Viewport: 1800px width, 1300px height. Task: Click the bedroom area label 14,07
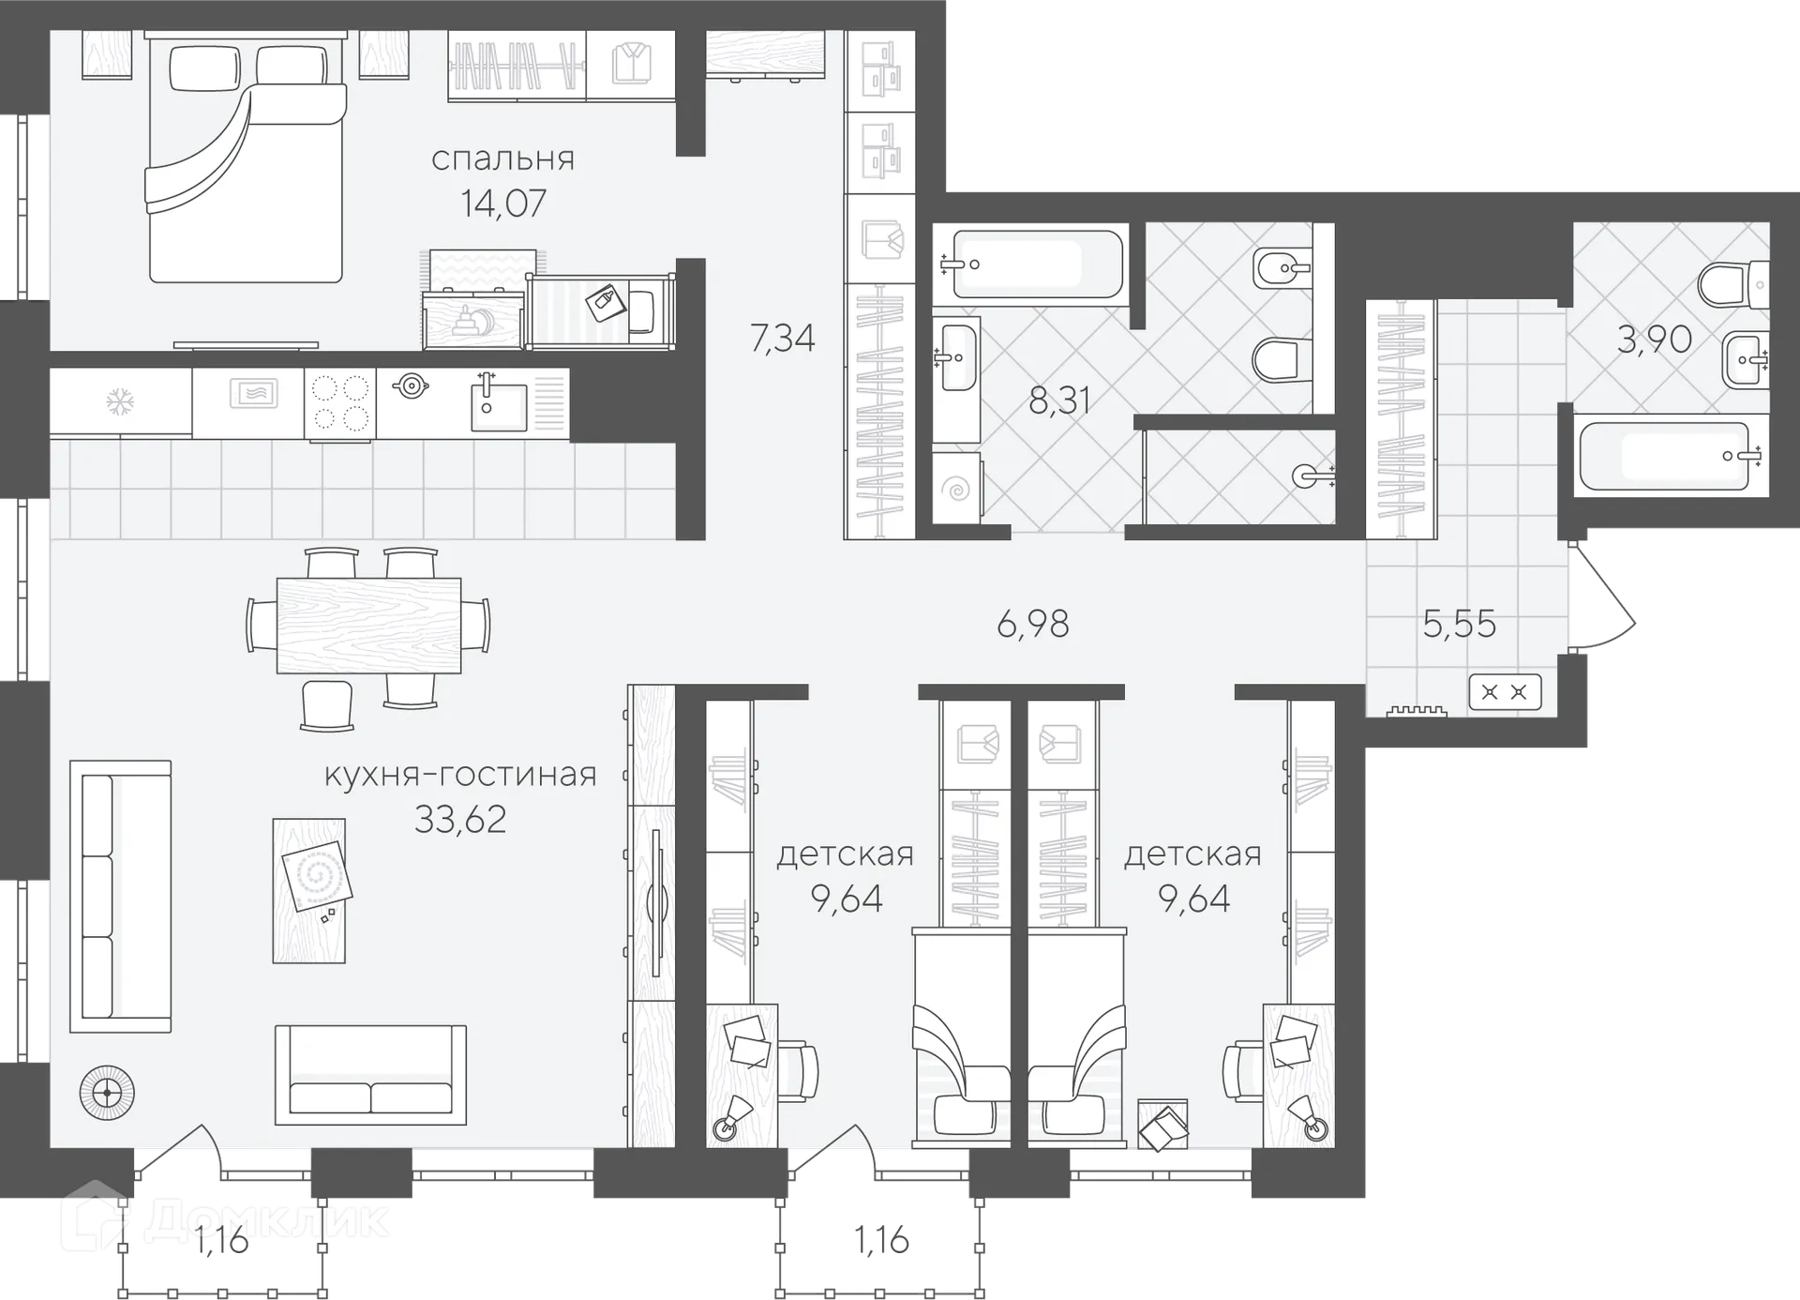point(503,204)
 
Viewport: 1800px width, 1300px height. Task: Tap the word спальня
point(503,159)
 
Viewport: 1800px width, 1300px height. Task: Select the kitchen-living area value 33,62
point(460,820)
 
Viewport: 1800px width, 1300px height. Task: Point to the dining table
point(368,625)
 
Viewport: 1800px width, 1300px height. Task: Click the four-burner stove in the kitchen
point(340,402)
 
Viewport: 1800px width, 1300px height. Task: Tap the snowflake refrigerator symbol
point(119,403)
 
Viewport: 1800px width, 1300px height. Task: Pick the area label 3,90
point(1654,339)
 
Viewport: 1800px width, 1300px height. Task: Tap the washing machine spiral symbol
point(957,489)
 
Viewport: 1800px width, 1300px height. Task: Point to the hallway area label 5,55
point(1459,624)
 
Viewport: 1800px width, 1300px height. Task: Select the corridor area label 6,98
point(1032,624)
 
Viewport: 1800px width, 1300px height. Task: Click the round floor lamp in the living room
point(107,1094)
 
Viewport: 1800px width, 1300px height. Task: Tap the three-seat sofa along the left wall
point(121,897)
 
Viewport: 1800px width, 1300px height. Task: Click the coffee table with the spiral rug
point(309,890)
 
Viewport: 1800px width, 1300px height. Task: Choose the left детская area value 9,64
point(847,899)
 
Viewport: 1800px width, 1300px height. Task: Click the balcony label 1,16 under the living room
point(222,1241)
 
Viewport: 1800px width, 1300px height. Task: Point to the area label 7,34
point(783,338)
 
